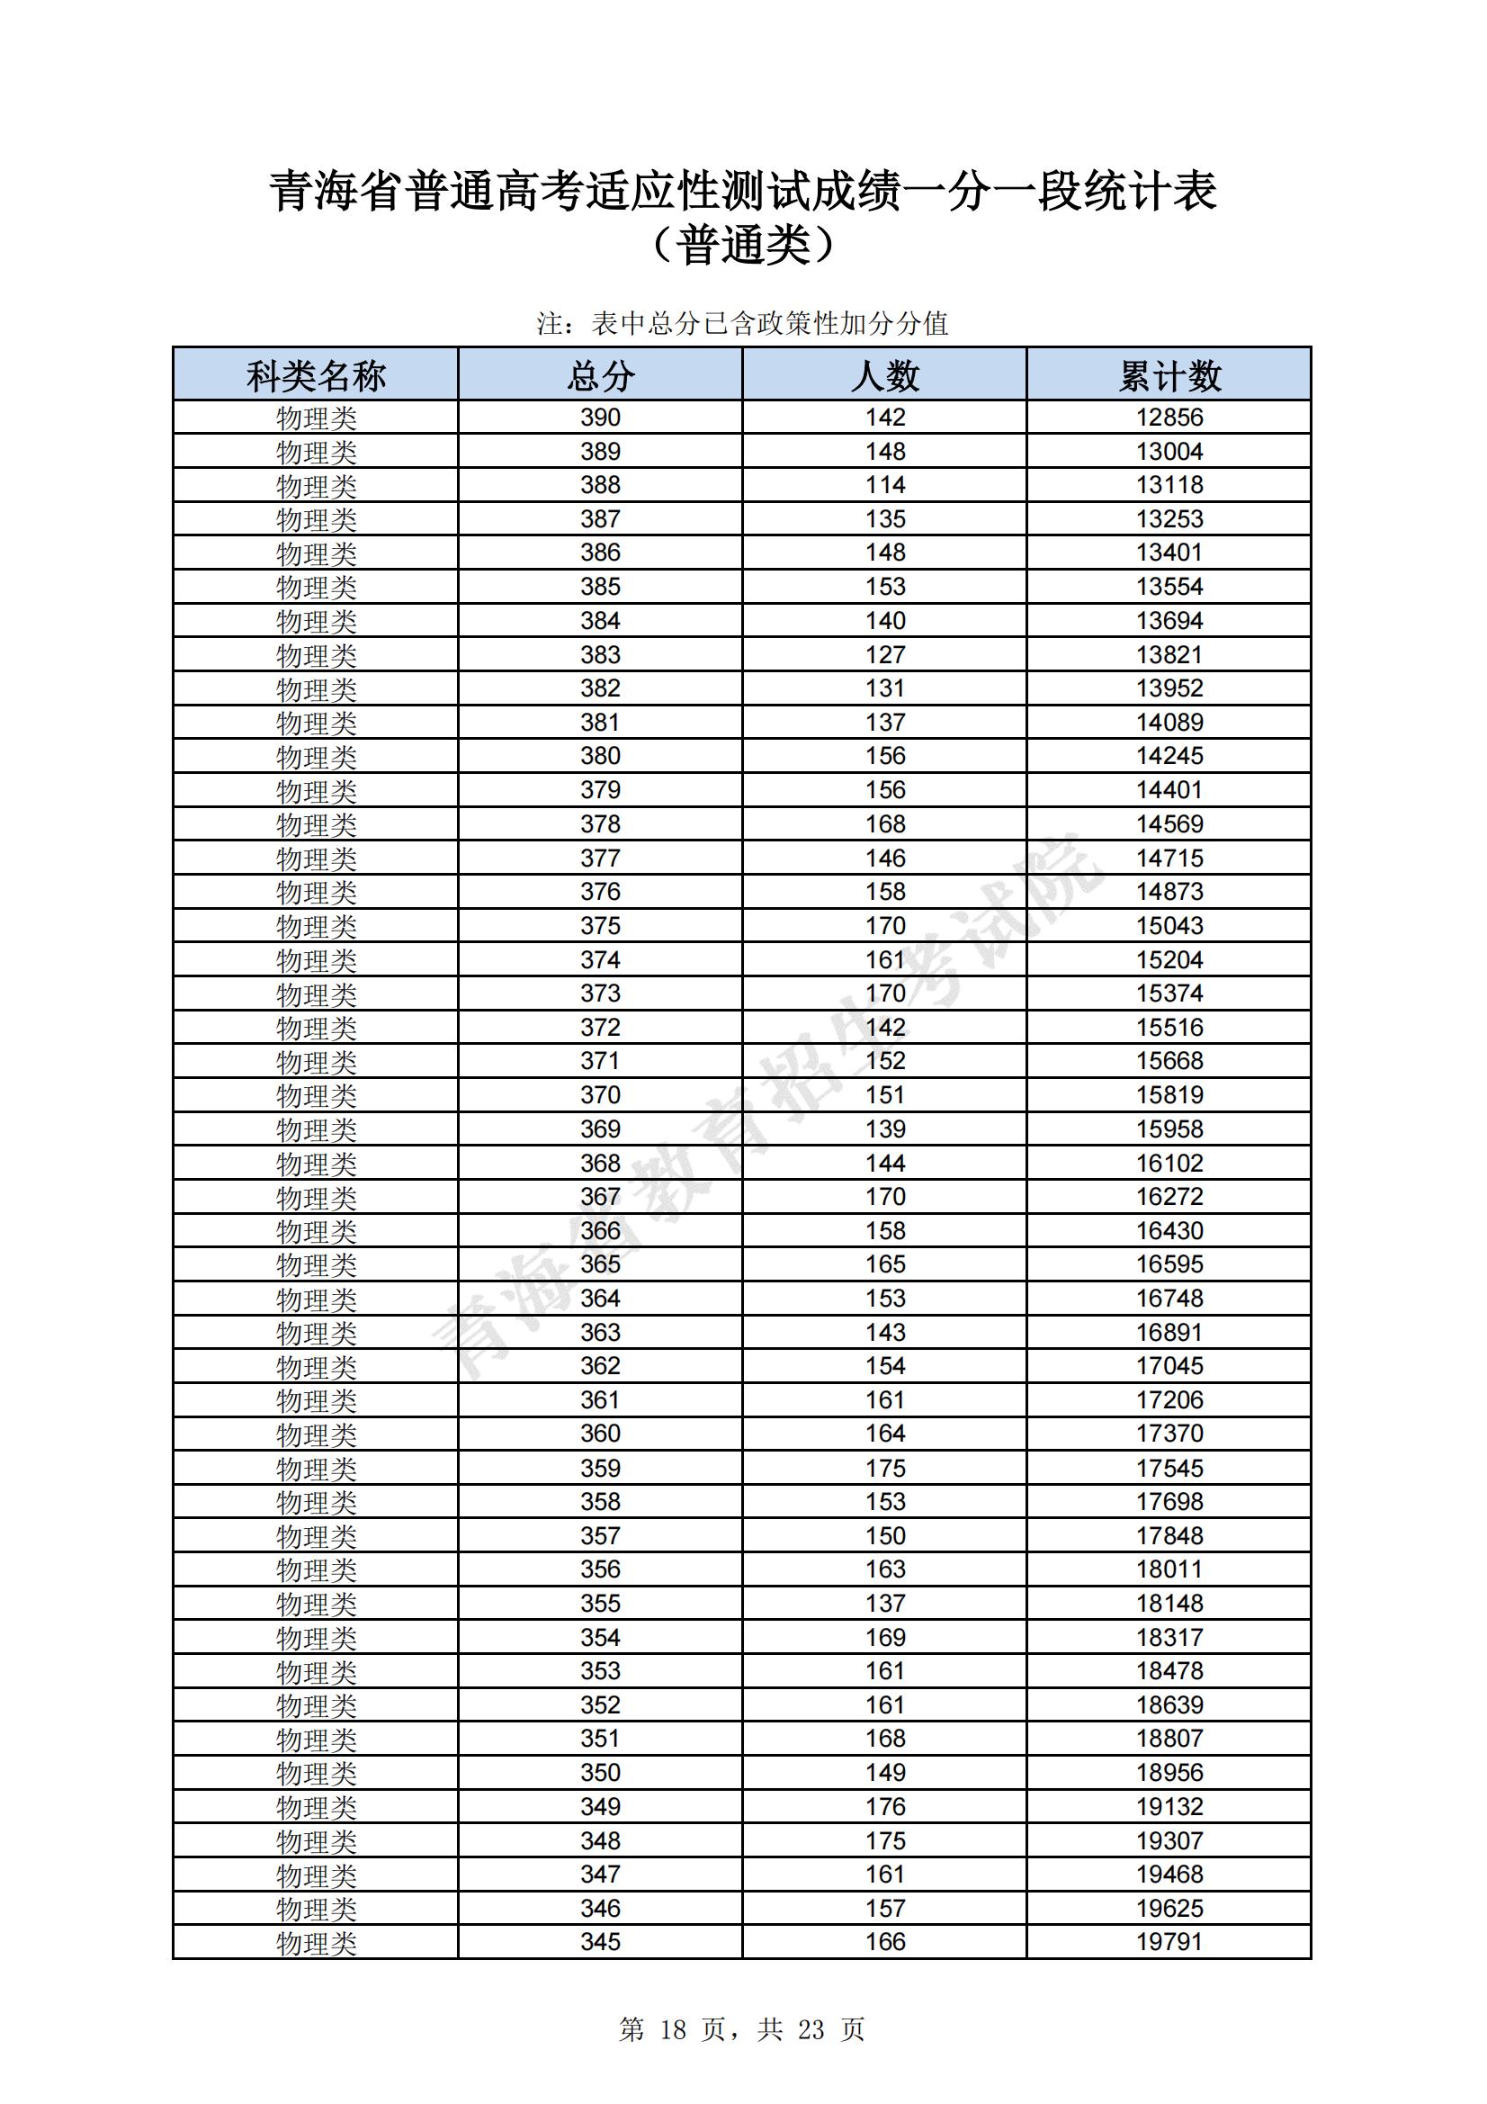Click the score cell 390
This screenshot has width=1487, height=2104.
tap(600, 418)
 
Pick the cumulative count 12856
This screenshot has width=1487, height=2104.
tap(1169, 418)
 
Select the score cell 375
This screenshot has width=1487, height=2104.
tap(600, 925)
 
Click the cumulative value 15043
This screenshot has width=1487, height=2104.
tap(1169, 925)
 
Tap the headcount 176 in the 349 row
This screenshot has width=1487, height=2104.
tap(885, 1806)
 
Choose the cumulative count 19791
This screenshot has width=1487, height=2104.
tap(1169, 1941)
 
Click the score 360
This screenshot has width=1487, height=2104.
tap(600, 1434)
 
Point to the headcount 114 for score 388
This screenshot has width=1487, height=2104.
tap(885, 485)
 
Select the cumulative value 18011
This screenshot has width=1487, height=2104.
tap(1169, 1569)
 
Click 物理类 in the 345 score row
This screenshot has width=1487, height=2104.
tap(316, 1942)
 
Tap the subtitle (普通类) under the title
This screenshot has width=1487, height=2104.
tap(743, 246)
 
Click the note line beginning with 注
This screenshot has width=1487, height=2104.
tap(742, 323)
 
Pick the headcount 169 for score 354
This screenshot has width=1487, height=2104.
tap(885, 1637)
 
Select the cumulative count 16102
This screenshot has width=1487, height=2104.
tap(1169, 1163)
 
